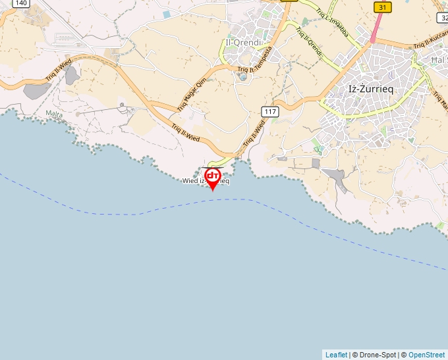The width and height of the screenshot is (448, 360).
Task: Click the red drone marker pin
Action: coord(213,178)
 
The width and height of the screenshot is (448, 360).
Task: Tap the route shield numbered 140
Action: coord(20,3)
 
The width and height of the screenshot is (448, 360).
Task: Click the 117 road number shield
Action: coord(269,111)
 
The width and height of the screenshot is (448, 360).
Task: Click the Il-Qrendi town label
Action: coord(243,42)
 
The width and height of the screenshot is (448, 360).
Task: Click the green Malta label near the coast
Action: coord(55,114)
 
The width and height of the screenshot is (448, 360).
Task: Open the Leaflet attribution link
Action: coord(336,355)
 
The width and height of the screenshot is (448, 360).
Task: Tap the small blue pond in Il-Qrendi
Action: coord(243,77)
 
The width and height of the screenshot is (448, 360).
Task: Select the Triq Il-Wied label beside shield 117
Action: coord(253,135)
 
